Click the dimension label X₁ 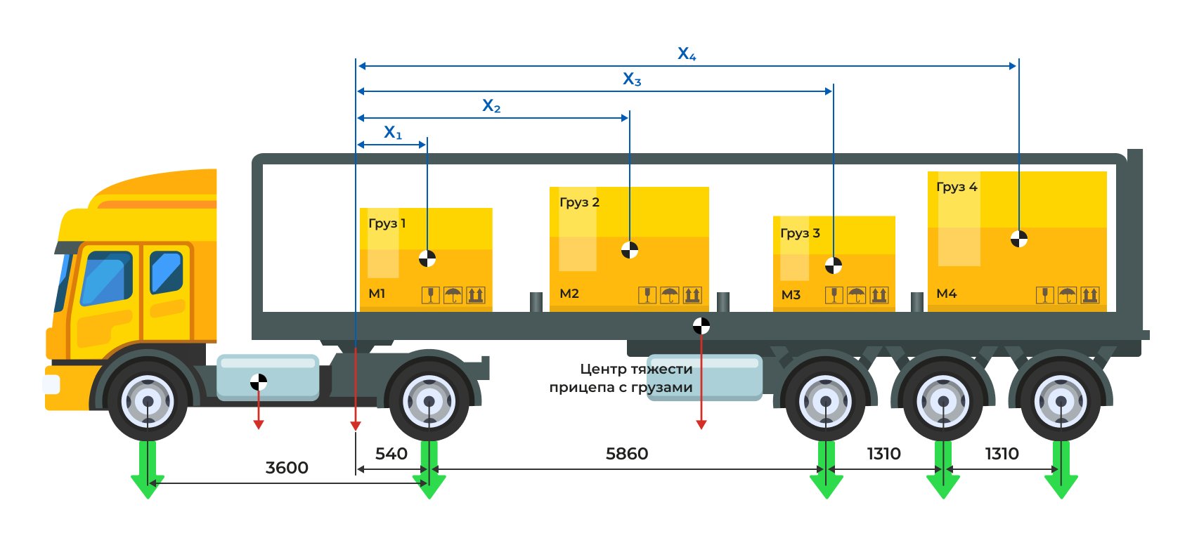coord(393,132)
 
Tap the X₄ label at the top coord(687,53)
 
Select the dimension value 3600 coord(287,468)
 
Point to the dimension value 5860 coord(627,454)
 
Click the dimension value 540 coord(391,454)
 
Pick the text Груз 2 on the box coord(579,202)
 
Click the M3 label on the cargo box coord(791,295)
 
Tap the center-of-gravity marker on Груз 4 coord(1018,239)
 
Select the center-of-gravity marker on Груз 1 coord(427,258)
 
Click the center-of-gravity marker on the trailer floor coord(701,326)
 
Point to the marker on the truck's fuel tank coord(259,382)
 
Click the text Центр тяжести coord(636,369)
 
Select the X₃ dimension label coord(632,79)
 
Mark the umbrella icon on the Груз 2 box coord(670,295)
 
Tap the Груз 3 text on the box coord(800,233)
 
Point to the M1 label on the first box coord(377,294)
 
